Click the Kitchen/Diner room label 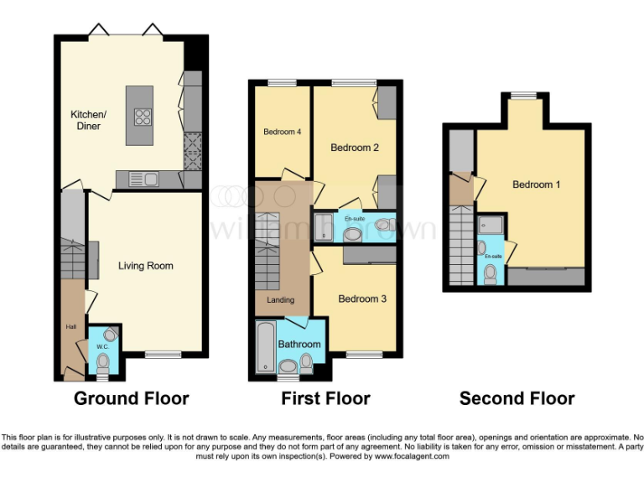pyautogui.click(x=88, y=120)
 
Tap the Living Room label pyautogui.click(x=145, y=266)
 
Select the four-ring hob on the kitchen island pyautogui.click(x=142, y=117)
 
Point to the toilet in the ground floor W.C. pyautogui.click(x=103, y=361)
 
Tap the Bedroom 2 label pyautogui.click(x=355, y=148)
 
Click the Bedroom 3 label pyautogui.click(x=362, y=299)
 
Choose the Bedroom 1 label pyautogui.click(x=537, y=184)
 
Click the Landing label pyautogui.click(x=280, y=300)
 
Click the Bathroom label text pyautogui.click(x=299, y=345)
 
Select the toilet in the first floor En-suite pyautogui.click(x=384, y=225)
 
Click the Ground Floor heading pyautogui.click(x=132, y=398)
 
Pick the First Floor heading pyautogui.click(x=325, y=398)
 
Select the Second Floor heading pyautogui.click(x=517, y=398)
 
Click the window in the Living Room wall pyautogui.click(x=162, y=355)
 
